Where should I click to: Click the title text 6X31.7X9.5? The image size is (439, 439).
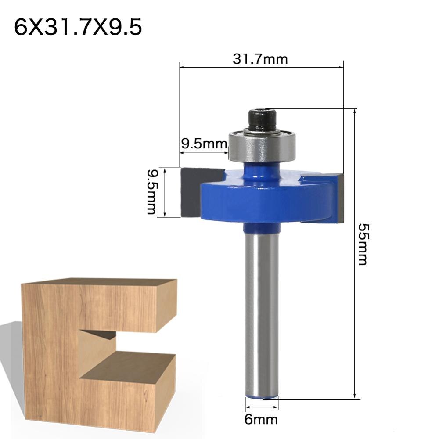78,28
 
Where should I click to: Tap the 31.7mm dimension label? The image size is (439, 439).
260,59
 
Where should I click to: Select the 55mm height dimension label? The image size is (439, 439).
362,244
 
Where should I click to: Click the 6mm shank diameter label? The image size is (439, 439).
261,420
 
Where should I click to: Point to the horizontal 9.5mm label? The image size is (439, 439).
203,144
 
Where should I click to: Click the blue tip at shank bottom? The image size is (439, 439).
262,397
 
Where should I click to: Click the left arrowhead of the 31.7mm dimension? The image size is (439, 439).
182,68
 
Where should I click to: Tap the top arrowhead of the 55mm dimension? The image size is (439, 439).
354,111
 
